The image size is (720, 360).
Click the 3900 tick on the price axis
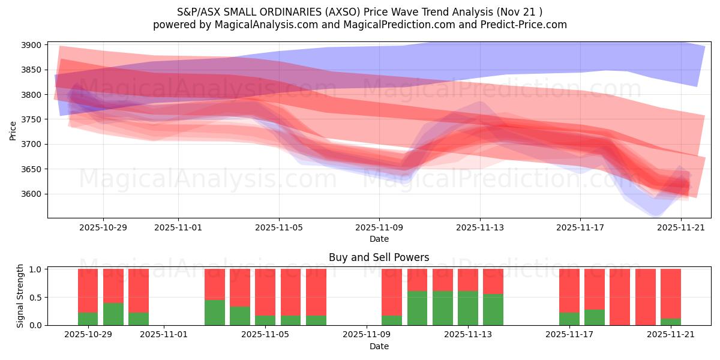coord(31,45)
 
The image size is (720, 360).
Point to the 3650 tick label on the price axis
coord(31,169)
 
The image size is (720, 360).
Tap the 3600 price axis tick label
coord(31,194)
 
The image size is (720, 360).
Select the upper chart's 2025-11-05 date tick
coord(278,228)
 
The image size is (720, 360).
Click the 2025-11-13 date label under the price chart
coord(479,228)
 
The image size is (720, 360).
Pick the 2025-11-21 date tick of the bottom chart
coord(670,335)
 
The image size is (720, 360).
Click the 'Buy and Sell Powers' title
coord(379,257)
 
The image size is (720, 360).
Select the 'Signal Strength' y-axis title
coord(20,296)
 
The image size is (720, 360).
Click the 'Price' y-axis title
coord(13,130)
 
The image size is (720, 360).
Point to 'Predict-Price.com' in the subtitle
coord(526,25)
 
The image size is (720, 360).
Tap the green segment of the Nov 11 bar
coord(418,308)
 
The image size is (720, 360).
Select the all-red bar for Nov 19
coord(620,297)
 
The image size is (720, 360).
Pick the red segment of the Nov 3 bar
coord(215,284)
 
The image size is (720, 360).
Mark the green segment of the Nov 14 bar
coord(493,310)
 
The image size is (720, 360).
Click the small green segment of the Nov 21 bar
coord(671,322)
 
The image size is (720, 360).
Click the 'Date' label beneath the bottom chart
coord(379,346)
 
